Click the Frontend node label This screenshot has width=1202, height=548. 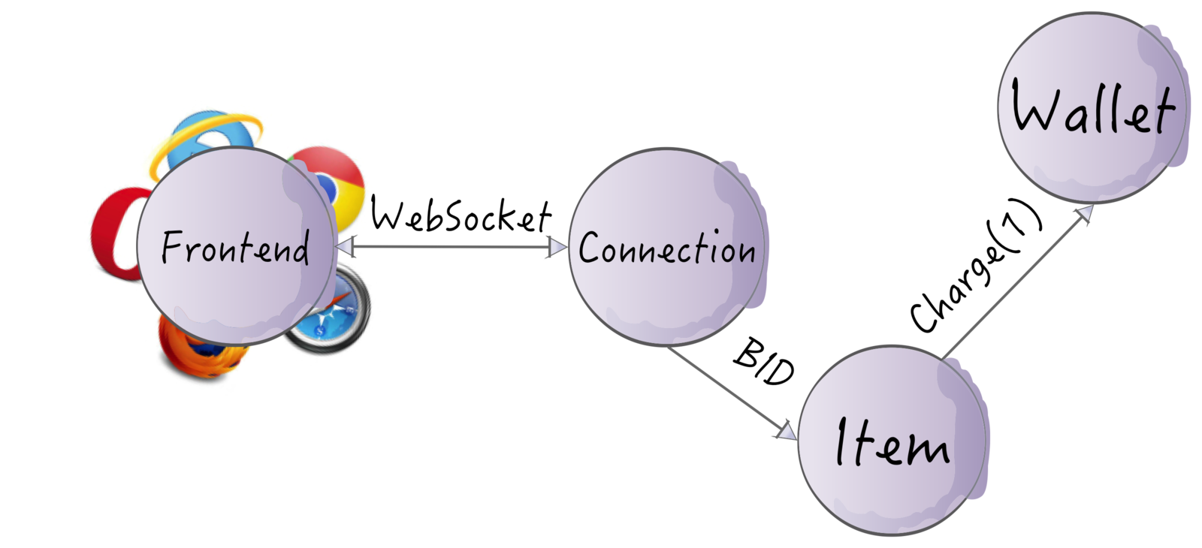[235, 248]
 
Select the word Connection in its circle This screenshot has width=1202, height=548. [666, 248]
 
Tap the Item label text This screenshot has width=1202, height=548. [892, 442]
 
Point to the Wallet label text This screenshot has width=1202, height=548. [1092, 108]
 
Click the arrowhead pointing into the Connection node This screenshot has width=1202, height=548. [557, 247]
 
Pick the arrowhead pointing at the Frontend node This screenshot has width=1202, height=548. [346, 245]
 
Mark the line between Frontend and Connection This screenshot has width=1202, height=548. [451, 246]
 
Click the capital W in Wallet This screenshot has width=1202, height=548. [1037, 108]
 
